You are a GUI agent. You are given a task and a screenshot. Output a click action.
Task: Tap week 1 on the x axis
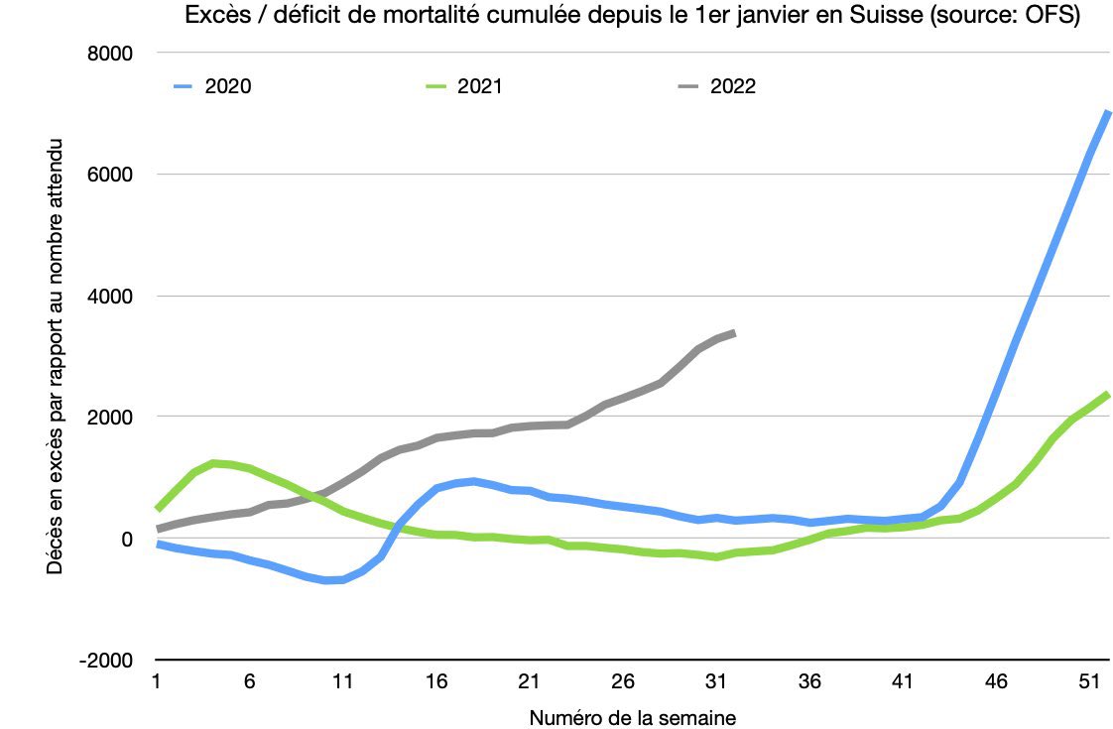pyautogui.click(x=157, y=683)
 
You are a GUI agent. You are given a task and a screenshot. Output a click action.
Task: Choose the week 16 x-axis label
pyautogui.click(x=435, y=683)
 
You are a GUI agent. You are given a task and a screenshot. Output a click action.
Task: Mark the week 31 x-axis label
pyautogui.click(x=715, y=683)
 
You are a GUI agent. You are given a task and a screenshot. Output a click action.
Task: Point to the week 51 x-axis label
pyautogui.click(x=1088, y=683)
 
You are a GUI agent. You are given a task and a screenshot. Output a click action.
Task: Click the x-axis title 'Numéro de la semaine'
pyautogui.click(x=633, y=717)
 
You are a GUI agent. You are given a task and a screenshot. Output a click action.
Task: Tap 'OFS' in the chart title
pyautogui.click(x=1054, y=16)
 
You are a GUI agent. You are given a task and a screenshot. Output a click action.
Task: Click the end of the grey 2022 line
pyautogui.click(x=734, y=333)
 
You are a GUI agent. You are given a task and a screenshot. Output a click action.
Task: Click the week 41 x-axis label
pyautogui.click(x=902, y=683)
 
